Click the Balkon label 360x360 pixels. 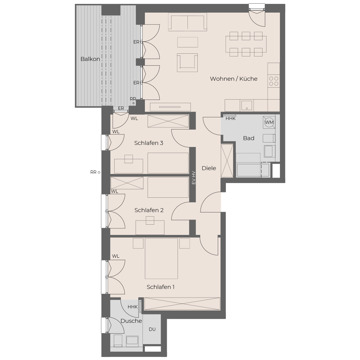(x=90, y=59)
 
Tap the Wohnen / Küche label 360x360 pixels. (x=233, y=79)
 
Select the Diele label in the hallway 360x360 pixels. (x=209, y=168)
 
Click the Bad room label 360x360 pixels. (x=248, y=138)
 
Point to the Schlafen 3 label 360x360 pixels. (x=148, y=143)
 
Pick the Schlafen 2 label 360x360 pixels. (x=149, y=210)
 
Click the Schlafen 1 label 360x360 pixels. (x=160, y=287)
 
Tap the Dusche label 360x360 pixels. (x=131, y=321)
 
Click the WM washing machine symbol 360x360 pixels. (x=269, y=122)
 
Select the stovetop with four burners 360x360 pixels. (x=274, y=81)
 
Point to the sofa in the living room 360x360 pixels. (x=187, y=22)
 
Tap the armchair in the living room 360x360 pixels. (x=187, y=63)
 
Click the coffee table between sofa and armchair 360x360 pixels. (x=187, y=42)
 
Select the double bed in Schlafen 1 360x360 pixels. (x=161, y=258)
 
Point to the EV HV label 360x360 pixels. (x=193, y=178)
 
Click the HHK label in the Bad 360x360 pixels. (x=230, y=118)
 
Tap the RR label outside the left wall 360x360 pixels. (x=93, y=172)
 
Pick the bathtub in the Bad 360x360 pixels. (x=253, y=170)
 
